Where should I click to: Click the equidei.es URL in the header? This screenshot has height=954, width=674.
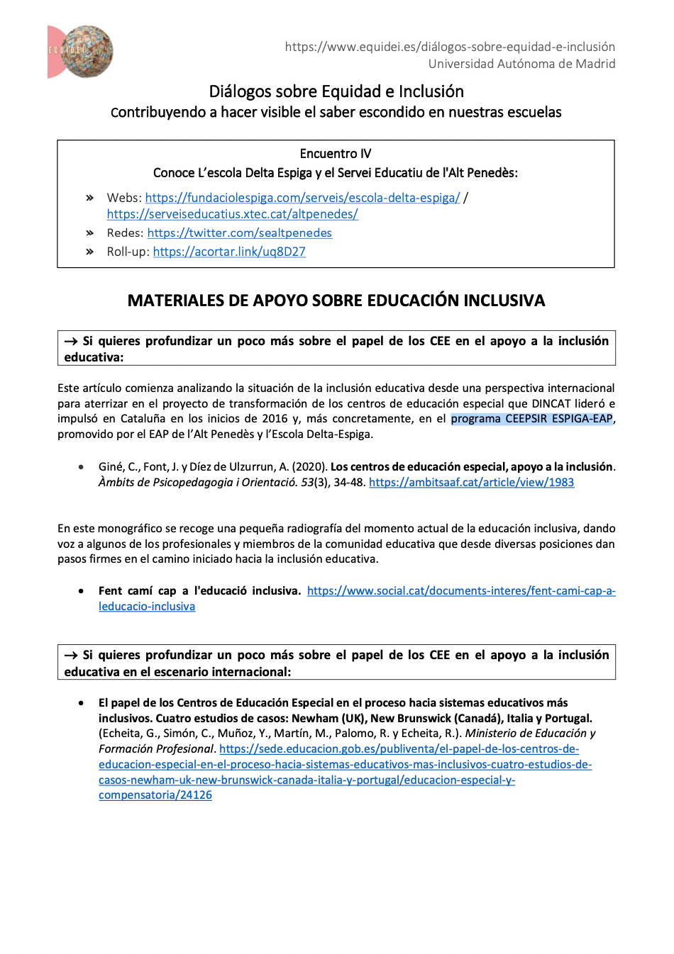point(450,47)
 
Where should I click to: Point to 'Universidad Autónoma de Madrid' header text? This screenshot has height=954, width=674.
point(521,64)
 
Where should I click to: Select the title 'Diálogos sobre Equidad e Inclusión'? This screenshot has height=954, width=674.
point(336,91)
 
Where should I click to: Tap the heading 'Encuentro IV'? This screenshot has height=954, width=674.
point(336,154)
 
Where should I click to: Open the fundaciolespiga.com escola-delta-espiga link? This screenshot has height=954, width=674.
point(302,198)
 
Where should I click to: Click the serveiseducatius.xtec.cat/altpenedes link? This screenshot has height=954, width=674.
point(232,213)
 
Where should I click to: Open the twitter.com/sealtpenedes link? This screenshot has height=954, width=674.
point(239,232)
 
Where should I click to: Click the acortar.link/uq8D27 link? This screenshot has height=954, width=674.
point(228,252)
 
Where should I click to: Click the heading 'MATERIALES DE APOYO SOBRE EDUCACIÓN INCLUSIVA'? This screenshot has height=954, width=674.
point(336,301)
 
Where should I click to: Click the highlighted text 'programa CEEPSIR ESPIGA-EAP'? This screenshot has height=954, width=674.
point(531,418)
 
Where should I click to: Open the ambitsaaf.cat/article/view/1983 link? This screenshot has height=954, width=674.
point(471,482)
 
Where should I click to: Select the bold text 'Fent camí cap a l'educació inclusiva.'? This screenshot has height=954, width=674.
point(199,590)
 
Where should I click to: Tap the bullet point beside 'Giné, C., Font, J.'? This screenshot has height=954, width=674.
point(82,467)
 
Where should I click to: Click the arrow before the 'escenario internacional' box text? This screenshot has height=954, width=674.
point(71,656)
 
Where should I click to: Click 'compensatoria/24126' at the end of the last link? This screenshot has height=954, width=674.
point(155,795)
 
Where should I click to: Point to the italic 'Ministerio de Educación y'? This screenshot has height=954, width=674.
point(530,733)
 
